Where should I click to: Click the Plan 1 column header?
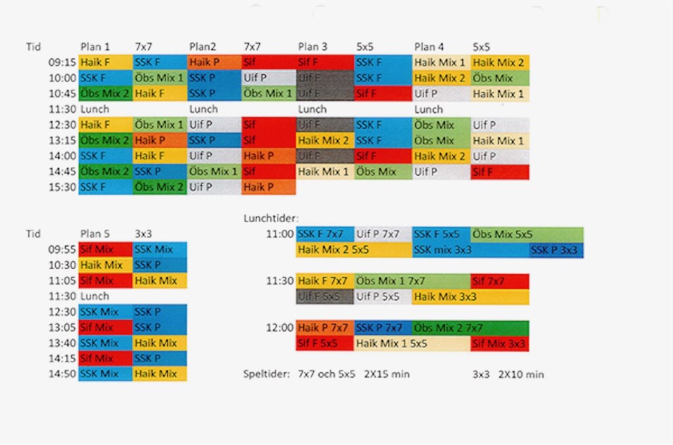click(95, 47)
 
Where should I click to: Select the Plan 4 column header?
click(429, 47)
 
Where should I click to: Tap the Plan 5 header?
click(95, 234)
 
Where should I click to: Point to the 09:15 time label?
click(61, 62)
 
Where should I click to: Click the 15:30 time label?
click(61, 187)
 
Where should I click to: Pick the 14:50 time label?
click(61, 374)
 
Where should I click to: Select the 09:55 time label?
click(61, 249)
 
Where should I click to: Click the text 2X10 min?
click(521, 374)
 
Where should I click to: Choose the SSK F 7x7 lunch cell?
click(325, 234)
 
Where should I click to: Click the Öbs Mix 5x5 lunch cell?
click(526, 234)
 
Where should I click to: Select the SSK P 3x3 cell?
click(556, 249)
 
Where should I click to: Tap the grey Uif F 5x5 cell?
click(324, 296)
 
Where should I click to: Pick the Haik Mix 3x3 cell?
click(470, 296)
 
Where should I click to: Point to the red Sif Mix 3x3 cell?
click(499, 343)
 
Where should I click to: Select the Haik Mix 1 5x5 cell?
click(411, 343)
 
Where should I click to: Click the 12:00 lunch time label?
click(279, 327)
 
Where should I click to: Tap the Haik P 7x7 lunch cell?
click(325, 327)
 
